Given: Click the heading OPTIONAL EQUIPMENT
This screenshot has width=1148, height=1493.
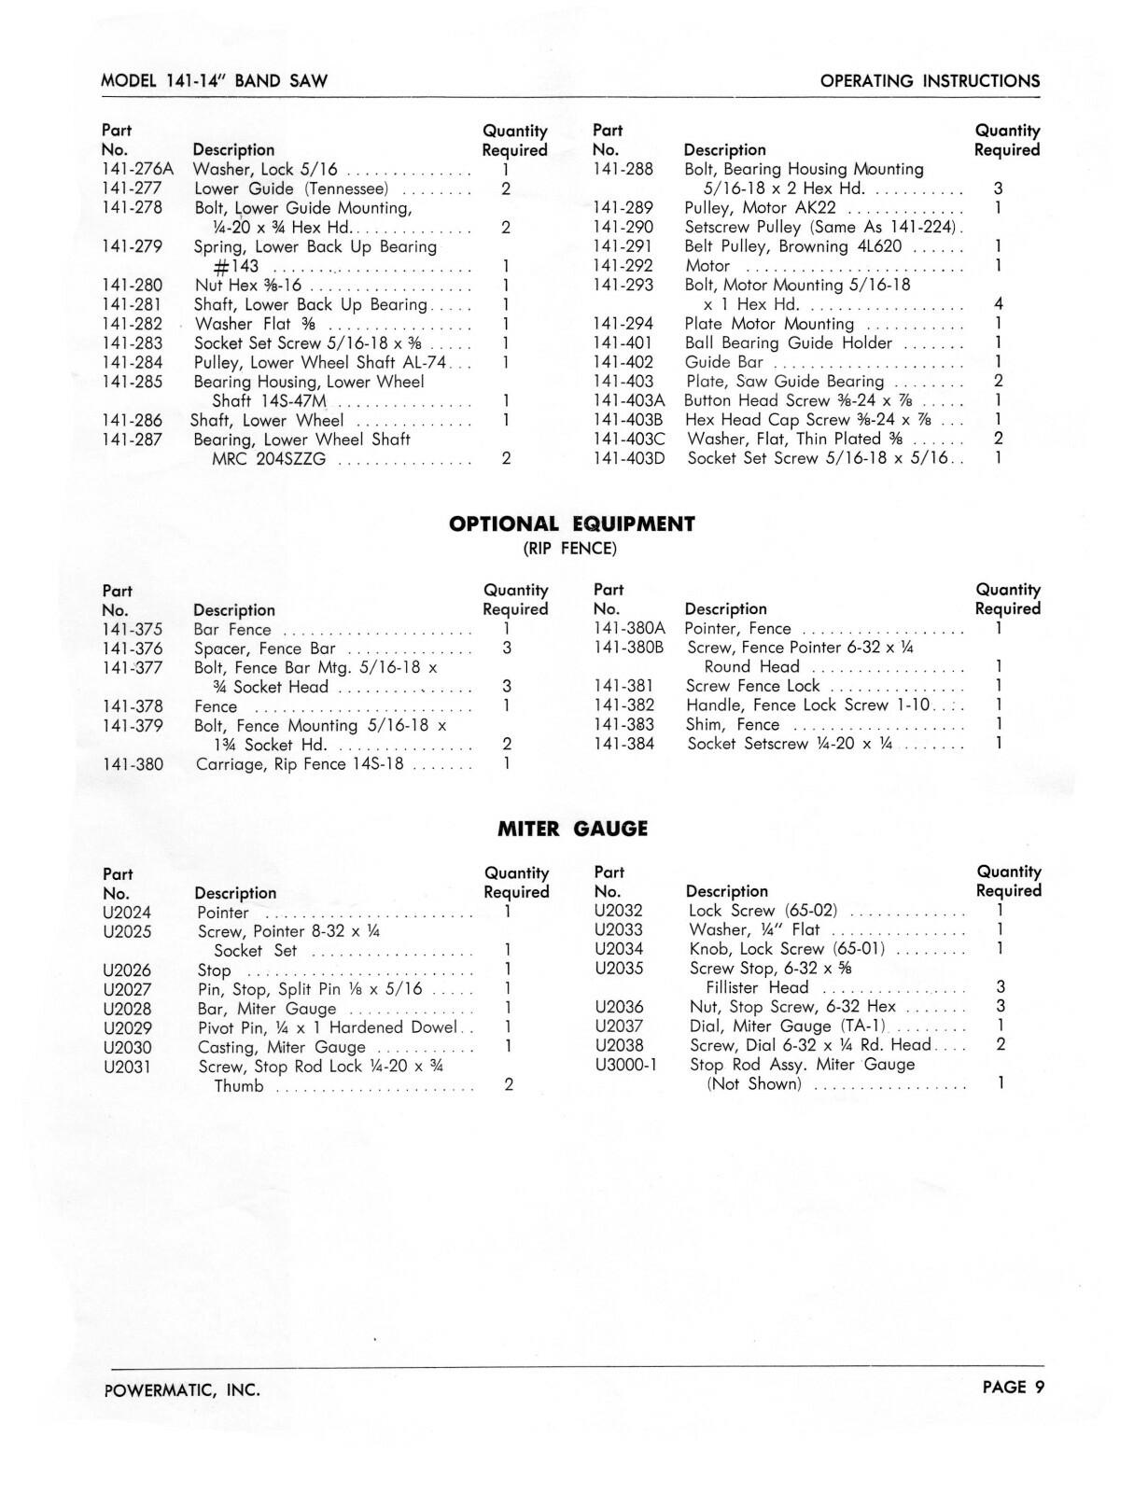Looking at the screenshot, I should point(572,524).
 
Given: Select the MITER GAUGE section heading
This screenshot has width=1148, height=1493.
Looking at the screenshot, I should point(572,829).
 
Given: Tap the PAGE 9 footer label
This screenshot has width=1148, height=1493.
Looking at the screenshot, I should point(1014,1387).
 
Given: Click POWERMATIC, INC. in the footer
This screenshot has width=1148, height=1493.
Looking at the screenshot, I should point(182,1390).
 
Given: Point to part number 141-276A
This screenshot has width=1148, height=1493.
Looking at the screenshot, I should point(137,169).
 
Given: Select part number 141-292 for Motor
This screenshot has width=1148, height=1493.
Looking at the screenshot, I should point(623,266).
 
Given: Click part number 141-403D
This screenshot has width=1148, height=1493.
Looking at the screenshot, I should point(629,458).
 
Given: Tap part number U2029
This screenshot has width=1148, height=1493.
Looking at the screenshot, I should point(128,1028).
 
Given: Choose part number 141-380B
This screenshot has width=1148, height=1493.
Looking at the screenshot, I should point(629,648).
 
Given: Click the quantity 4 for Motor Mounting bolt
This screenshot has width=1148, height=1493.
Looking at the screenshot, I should point(999,305).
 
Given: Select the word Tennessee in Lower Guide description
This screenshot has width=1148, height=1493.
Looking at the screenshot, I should point(346,188).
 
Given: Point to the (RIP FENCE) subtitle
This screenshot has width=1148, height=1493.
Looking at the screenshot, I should point(569,549).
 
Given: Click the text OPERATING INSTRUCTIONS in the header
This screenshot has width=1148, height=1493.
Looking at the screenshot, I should point(930,81).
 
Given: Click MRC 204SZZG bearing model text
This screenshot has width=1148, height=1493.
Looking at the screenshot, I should point(269,459).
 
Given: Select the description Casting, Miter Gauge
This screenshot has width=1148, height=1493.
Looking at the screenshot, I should point(282,1047).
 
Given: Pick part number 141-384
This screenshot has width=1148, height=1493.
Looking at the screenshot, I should point(623,745).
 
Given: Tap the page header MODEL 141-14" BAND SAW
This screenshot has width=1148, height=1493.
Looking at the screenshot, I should point(215,81).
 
